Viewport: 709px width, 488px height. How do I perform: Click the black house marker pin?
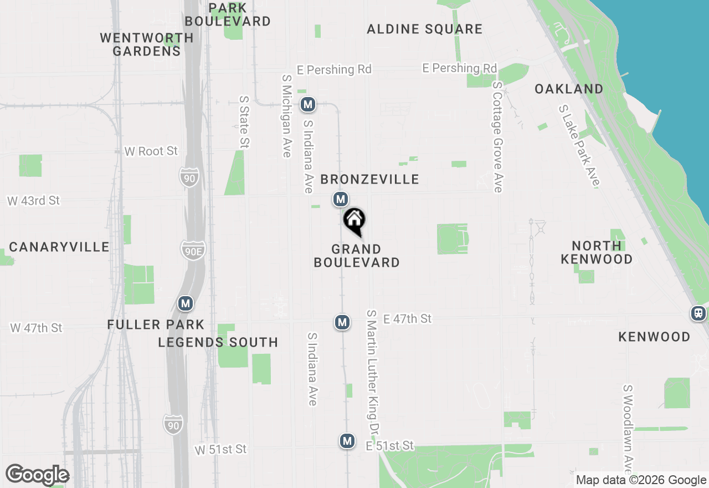point(354,221)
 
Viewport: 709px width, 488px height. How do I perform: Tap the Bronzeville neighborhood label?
point(369,179)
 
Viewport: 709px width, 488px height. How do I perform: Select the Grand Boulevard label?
point(357,256)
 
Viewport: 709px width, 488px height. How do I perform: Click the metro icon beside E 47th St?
point(342,322)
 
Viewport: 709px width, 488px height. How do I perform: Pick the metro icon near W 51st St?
point(347,441)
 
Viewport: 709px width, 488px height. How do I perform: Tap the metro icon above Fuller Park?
point(186,303)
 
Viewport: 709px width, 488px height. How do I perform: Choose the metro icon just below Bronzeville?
point(341,199)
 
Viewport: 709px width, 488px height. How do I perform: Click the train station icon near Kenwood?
point(698,313)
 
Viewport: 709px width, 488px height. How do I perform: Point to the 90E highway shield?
point(192,250)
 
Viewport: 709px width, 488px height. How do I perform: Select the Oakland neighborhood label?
point(569,89)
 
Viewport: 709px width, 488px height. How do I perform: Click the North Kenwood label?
point(597,252)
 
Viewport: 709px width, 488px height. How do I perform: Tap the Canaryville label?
point(59,247)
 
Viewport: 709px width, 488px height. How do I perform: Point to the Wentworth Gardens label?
point(147,44)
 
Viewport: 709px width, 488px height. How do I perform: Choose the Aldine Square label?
point(425,29)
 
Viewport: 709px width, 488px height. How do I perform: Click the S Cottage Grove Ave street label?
point(497,137)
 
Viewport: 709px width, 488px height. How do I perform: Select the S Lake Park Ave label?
point(579,145)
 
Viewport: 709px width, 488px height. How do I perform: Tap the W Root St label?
point(151,151)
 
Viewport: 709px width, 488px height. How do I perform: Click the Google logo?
point(38,475)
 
